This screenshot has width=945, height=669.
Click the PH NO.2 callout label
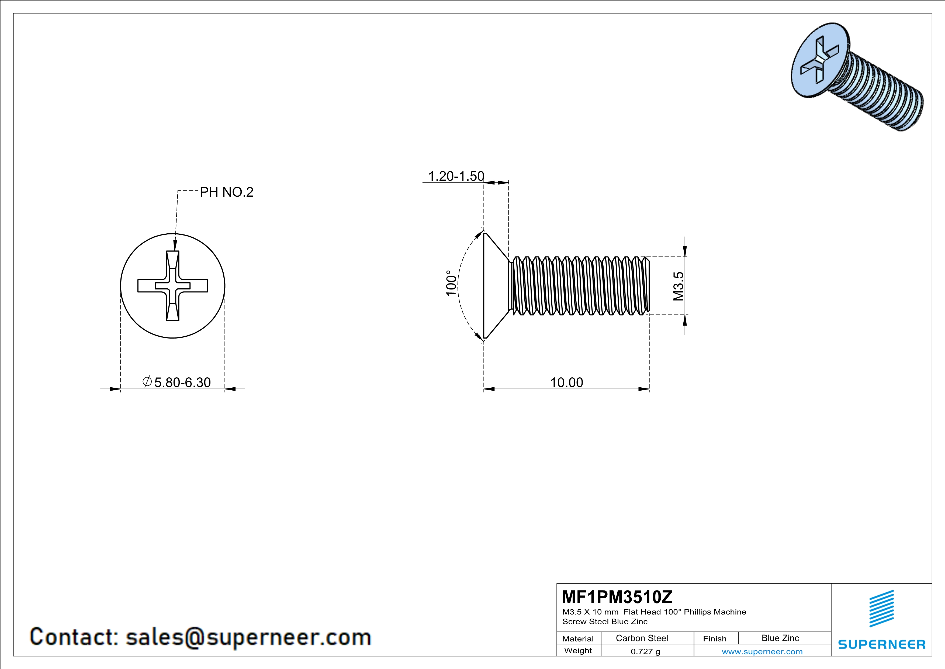coord(226,192)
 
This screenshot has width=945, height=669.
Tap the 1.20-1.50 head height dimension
coord(456,176)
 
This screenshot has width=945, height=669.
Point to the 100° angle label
coord(451,283)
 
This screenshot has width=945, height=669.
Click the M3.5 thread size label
coord(678,286)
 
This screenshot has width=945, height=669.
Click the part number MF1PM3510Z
coord(617,596)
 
